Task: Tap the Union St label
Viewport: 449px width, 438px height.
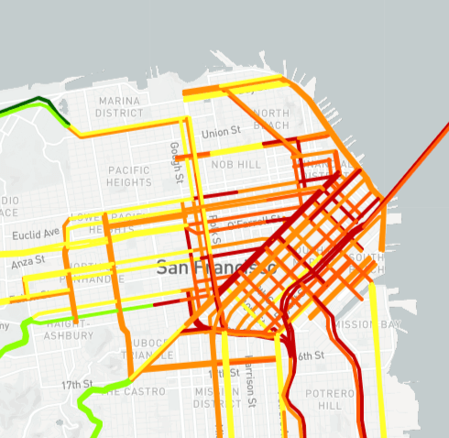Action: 221,133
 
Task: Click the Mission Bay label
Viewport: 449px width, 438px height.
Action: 366,324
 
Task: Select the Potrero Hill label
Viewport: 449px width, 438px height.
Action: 323,400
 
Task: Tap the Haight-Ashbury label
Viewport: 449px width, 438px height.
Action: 67,330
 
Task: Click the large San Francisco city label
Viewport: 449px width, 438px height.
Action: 215,268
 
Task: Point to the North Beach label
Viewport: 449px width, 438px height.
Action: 271,119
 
